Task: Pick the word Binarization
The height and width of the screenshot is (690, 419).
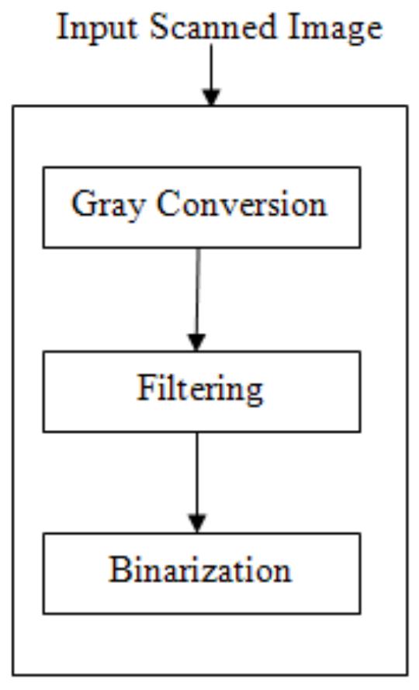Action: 200,570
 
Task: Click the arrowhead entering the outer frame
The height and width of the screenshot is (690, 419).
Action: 211,95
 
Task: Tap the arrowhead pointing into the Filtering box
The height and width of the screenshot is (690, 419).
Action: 197,341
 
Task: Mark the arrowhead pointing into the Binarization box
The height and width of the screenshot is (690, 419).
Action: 198,522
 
